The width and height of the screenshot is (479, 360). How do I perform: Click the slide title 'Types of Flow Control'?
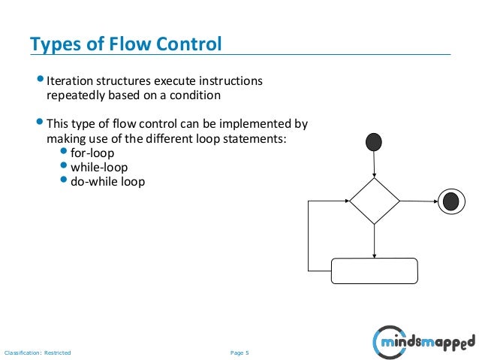pos(125,44)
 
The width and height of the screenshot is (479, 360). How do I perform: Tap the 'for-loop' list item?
pos(92,153)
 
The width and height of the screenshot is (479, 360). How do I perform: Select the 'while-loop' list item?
pos(98,168)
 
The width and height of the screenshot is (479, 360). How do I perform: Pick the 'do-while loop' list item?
pos(107,182)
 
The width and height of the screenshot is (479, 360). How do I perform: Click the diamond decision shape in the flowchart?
pos(374,201)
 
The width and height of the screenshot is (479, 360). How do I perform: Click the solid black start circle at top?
pos(373,141)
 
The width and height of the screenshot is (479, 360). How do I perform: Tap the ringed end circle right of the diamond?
pos(450,201)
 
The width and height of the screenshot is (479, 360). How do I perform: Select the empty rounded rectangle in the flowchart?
pos(374,271)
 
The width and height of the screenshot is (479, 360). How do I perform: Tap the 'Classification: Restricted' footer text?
pos(37,352)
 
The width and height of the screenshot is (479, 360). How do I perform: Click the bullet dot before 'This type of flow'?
pos(41,123)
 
